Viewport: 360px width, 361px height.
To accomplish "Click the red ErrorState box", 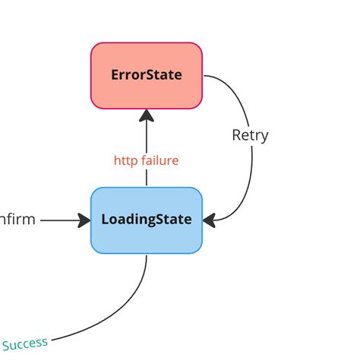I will pyautogui.click(x=147, y=76).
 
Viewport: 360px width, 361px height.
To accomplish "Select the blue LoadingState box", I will pyautogui.click(x=147, y=220).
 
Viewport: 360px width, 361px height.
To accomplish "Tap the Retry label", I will pyautogui.click(x=250, y=135).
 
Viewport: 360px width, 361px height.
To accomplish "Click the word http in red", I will pyautogui.click(x=125, y=160).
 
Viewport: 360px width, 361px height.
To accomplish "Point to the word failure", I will pyautogui.click(x=159, y=160).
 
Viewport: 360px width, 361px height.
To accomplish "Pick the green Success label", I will pyautogui.click(x=25, y=343).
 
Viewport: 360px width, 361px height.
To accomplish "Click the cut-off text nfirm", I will pyautogui.click(x=17, y=220).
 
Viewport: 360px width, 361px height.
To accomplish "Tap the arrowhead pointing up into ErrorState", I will pyautogui.click(x=147, y=116).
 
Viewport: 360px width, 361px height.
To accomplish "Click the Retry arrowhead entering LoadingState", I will pyautogui.click(x=210, y=220).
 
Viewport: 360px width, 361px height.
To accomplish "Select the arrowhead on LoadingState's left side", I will pyautogui.click(x=83, y=220).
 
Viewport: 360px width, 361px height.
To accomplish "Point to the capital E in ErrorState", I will pyautogui.click(x=115, y=75).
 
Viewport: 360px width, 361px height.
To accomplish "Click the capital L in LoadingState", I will pyautogui.click(x=105, y=220).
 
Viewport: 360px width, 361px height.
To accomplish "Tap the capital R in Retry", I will pyautogui.click(x=236, y=135).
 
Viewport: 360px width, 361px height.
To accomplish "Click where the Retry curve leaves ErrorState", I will pyautogui.click(x=208, y=77).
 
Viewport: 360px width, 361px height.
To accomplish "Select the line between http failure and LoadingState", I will pyautogui.click(x=147, y=179).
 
